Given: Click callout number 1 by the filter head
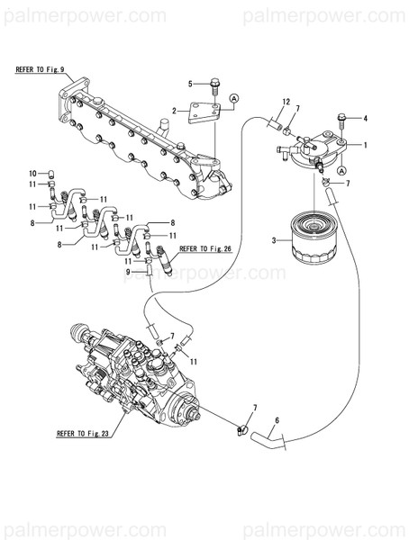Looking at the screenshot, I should [x=367, y=144].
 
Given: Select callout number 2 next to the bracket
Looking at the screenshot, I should [x=175, y=111].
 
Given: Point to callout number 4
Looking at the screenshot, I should [x=366, y=118].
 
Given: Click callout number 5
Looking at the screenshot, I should [x=190, y=84].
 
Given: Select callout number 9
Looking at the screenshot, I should [x=127, y=272].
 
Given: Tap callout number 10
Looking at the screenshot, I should [x=33, y=172].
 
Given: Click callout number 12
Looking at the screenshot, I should [x=286, y=101].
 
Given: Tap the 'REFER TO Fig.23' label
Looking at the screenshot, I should [x=83, y=433].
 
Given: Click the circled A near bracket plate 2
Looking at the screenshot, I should [x=233, y=97].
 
